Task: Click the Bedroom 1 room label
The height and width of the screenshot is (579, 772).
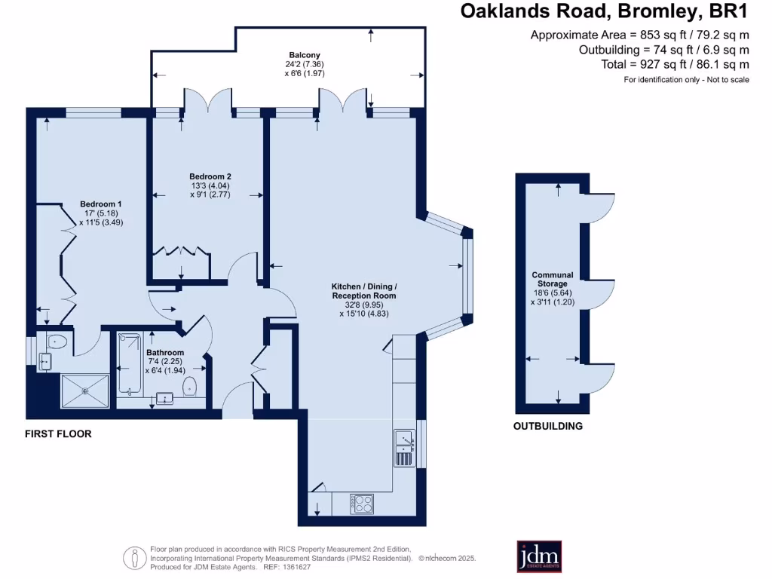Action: [101, 204]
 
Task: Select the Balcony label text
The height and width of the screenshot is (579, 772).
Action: [305, 55]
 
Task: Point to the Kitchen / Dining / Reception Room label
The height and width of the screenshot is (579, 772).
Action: [364, 291]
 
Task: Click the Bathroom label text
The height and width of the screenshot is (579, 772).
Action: [165, 352]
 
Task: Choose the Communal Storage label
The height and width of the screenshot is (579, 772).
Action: [553, 280]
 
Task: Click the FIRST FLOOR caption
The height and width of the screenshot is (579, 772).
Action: [58, 434]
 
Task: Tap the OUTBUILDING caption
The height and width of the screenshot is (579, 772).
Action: [548, 426]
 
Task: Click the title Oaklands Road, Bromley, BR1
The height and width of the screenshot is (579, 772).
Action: [605, 12]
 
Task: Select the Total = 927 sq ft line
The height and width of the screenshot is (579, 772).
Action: [675, 65]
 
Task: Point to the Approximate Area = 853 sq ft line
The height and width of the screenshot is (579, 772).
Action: [640, 35]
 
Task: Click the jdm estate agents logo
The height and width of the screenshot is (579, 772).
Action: [539, 556]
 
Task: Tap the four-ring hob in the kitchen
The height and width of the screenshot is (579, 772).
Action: [363, 503]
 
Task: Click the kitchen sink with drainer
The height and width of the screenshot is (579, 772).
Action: [404, 447]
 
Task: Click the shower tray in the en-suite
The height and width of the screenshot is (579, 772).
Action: [84, 391]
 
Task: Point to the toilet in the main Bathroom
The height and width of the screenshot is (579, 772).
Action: [191, 387]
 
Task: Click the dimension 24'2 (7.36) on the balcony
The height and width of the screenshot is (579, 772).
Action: [305, 64]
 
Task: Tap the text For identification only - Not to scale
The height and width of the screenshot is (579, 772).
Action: [686, 80]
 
